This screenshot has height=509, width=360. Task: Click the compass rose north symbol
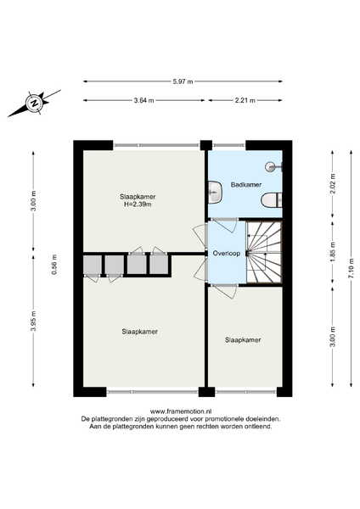pyautogui.click(x=34, y=103)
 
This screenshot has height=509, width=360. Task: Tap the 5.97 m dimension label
pyautogui.click(x=183, y=81)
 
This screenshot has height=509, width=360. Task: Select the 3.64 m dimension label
pyautogui.click(x=144, y=100)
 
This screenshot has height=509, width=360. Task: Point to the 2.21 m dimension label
pyautogui.click(x=245, y=100)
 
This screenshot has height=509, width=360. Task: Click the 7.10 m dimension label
pyautogui.click(x=351, y=268)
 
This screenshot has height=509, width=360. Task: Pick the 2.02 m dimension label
pyautogui.click(x=332, y=184)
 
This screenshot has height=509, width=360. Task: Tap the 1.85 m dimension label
pyautogui.click(x=332, y=252)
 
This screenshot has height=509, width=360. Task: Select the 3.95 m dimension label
pyautogui.click(x=33, y=321)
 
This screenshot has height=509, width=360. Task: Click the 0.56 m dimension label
pyautogui.click(x=54, y=265)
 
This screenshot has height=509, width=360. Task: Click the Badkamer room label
pyautogui.click(x=246, y=185)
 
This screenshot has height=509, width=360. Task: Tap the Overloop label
pyautogui.click(x=227, y=253)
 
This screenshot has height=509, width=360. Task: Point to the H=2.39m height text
pyautogui.click(x=138, y=204)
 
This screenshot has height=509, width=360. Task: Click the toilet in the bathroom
pyautogui.click(x=272, y=200)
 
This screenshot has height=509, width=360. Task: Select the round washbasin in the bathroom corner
pyautogui.click(x=273, y=167)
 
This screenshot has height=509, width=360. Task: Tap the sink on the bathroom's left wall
pyautogui.click(x=215, y=193)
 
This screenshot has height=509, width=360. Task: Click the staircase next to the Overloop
pyautogui.click(x=263, y=253)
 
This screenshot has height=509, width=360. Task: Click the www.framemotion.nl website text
pyautogui.click(x=181, y=412)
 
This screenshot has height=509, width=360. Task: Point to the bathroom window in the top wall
pyautogui.click(x=228, y=145)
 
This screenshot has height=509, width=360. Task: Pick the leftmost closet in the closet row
pyautogui.click(x=93, y=266)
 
